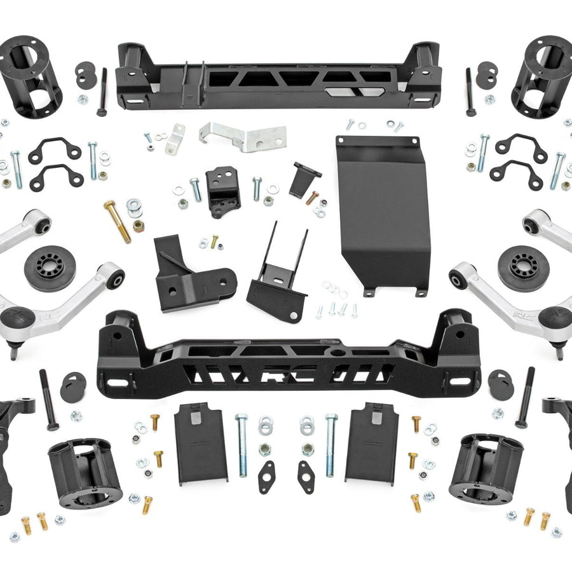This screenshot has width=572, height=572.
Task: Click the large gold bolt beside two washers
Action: [118, 221]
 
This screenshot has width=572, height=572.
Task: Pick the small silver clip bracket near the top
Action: [175, 139]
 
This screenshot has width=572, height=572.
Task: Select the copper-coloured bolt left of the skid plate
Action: [312, 198]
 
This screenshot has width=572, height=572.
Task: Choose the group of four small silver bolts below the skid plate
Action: [337, 310]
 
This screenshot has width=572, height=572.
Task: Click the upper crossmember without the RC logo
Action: [278, 76]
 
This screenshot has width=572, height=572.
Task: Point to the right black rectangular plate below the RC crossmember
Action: [371, 441]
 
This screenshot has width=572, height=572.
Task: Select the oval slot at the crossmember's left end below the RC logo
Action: [116, 383]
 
